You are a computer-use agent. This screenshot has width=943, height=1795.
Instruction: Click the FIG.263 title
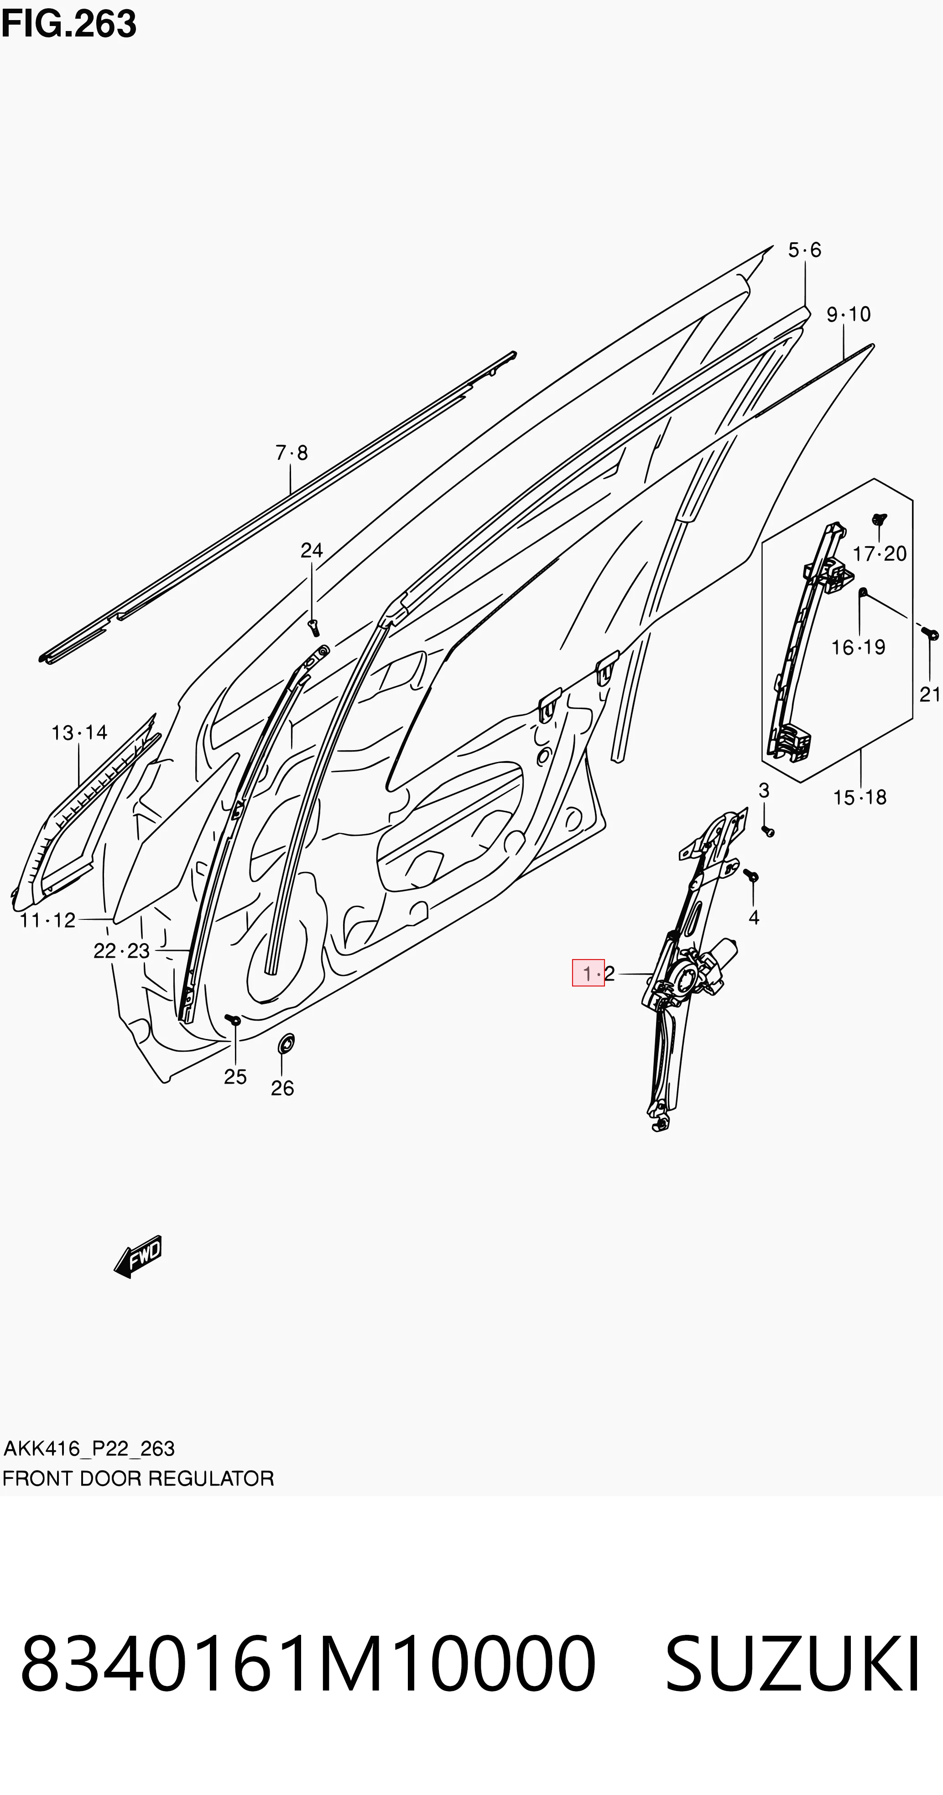coord(69,24)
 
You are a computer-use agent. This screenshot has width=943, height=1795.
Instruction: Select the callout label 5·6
coord(805,250)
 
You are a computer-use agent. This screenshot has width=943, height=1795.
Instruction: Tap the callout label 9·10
coord(848,314)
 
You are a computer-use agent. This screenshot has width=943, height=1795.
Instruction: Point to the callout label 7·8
coord(292,453)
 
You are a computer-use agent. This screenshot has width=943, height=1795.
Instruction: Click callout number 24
coord(312,550)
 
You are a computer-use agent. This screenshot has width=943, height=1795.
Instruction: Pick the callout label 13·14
coord(79,732)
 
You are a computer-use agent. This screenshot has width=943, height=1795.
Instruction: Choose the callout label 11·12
coord(47,920)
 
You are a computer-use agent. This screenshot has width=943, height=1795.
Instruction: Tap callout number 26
coord(282,1088)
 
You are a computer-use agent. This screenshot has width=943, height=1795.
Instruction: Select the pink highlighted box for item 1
coord(588,973)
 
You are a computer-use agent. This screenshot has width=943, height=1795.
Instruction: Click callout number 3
coord(764,791)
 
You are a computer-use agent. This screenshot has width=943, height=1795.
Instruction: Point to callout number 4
coord(753,918)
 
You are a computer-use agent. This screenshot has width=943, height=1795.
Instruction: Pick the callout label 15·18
coord(860,797)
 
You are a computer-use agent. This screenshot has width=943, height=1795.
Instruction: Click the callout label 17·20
coord(880,554)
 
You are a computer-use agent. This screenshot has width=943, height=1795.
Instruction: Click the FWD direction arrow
coord(138,1256)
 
